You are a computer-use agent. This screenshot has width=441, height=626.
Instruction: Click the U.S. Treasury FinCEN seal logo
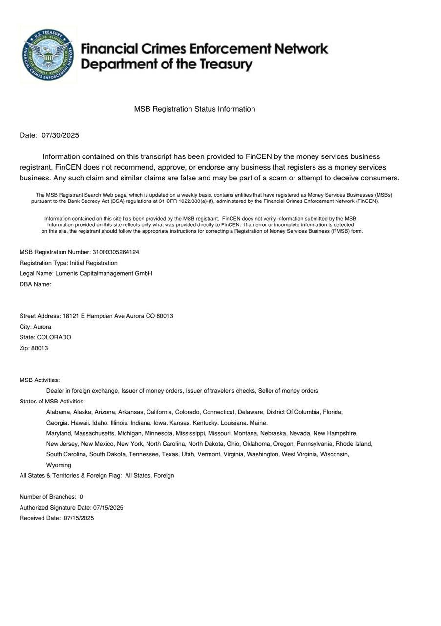point(48,55)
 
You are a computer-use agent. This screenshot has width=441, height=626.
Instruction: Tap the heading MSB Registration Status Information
point(194,109)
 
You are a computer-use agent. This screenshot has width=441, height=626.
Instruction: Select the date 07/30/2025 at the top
point(60,135)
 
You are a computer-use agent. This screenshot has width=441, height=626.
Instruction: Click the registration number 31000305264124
point(116,252)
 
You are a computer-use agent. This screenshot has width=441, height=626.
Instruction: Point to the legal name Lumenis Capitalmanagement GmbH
point(104,274)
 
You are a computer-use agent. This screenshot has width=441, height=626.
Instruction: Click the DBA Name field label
point(35,284)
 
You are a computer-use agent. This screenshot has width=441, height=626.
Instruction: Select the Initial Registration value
point(94,263)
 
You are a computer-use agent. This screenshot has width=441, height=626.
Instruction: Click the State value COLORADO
point(54,337)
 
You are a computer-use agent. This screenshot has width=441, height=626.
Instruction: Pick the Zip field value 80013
point(40,348)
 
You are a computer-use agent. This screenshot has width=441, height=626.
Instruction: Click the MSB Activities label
point(40,380)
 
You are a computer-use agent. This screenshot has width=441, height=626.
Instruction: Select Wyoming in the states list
point(59,465)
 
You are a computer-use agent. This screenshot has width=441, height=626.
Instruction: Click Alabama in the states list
point(58,412)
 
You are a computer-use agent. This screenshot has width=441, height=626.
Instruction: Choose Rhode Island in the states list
point(354,444)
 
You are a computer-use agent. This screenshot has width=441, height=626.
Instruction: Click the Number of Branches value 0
point(81,497)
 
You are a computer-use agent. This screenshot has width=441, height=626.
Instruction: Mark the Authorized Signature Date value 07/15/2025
point(108,508)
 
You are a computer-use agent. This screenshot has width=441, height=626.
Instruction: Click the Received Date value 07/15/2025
point(79,518)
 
